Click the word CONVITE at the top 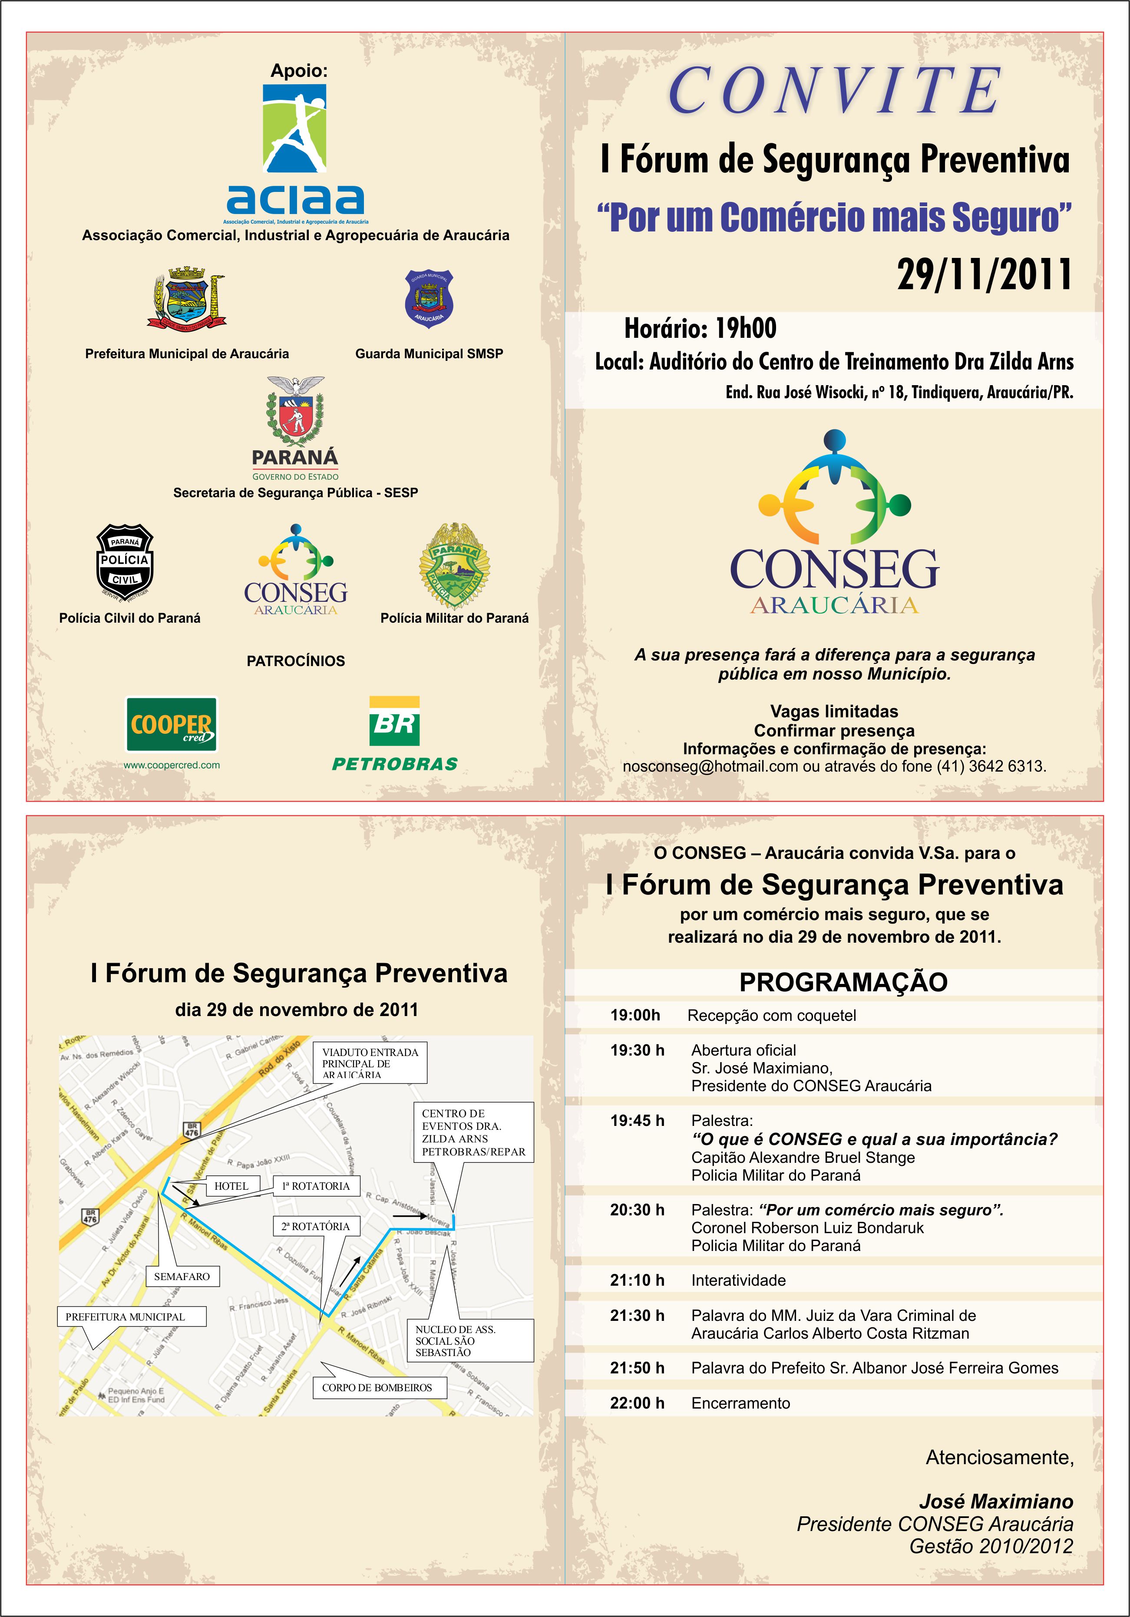834,90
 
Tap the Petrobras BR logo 394,721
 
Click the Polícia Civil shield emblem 125,561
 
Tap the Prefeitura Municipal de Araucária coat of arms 187,299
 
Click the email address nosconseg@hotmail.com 710,766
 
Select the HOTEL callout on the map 231,1186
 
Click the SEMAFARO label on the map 182,1276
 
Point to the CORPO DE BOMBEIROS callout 377,1387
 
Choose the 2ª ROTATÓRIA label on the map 316,1226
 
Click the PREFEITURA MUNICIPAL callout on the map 126,1316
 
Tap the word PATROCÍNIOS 296,660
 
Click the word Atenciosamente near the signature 999,1457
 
